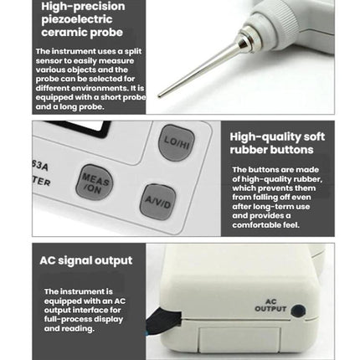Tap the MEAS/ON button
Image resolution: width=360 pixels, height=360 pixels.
click(x=95, y=183)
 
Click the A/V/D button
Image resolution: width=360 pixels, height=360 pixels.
click(x=157, y=202)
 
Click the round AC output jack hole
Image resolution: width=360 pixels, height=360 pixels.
click(x=298, y=311)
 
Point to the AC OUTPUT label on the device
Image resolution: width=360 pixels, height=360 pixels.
click(x=270, y=306)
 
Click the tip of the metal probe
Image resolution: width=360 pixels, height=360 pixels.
click(x=159, y=95)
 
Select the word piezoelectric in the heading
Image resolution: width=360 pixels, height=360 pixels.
click(x=77, y=19)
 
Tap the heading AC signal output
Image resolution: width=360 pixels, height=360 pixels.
click(x=86, y=260)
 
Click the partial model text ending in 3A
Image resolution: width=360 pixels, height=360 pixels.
click(x=40, y=166)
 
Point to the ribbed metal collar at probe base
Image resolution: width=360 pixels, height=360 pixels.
click(x=246, y=39)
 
